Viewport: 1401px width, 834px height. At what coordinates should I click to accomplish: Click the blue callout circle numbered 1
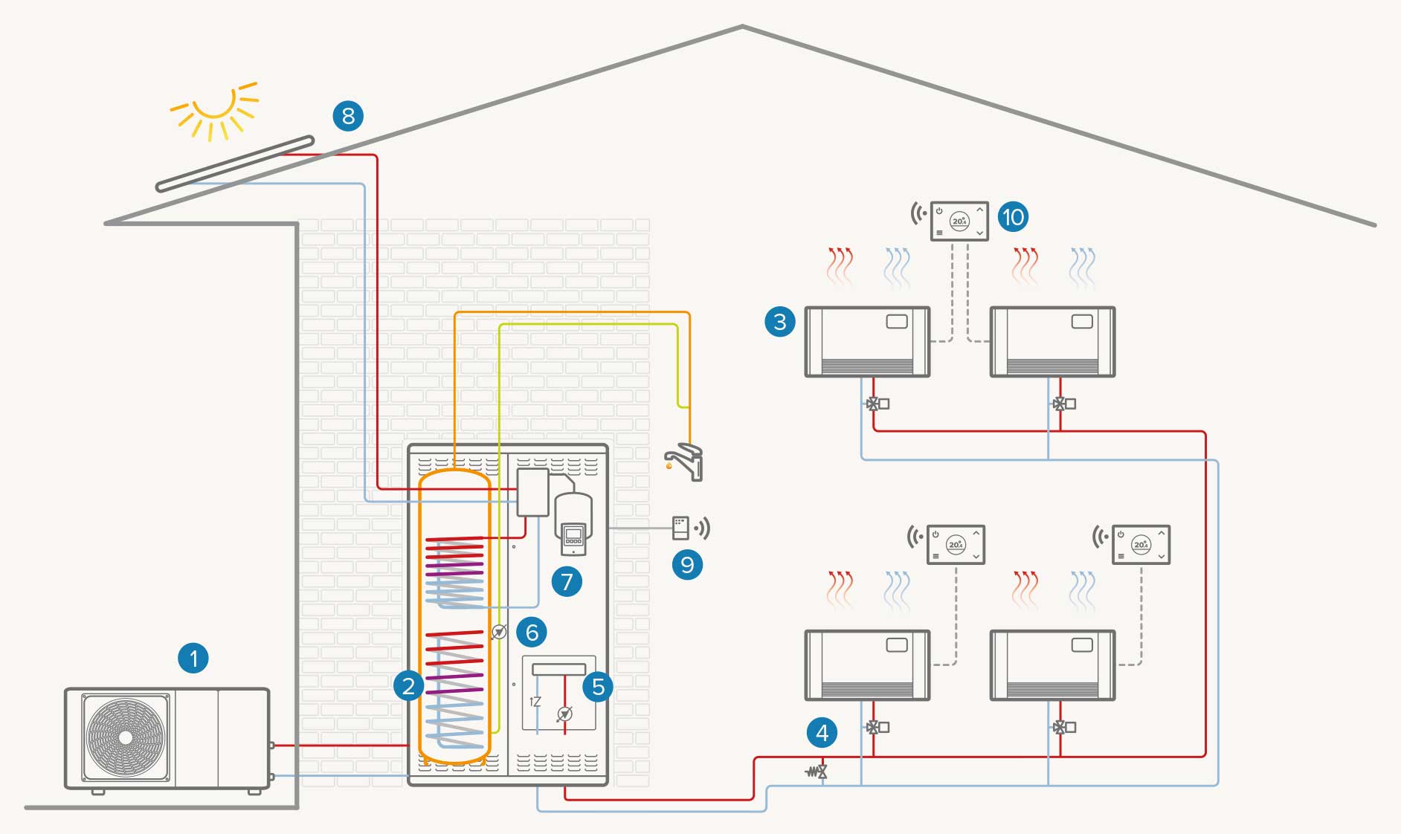[x=193, y=658]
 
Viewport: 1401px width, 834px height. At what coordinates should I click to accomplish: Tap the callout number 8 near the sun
[x=348, y=116]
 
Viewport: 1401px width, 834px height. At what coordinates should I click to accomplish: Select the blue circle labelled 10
[x=1013, y=217]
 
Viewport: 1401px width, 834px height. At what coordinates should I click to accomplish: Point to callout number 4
[x=822, y=733]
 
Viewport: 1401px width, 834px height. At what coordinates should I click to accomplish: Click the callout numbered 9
[x=687, y=565]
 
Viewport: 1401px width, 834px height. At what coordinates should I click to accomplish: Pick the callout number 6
[x=532, y=632]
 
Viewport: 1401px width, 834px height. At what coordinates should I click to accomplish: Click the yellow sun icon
[x=214, y=110]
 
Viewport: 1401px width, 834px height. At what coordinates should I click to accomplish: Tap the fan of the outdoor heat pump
[x=126, y=737]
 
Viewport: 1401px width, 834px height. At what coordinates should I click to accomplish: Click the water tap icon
[x=685, y=462]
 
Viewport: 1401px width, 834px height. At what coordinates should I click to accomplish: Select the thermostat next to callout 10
[x=959, y=221]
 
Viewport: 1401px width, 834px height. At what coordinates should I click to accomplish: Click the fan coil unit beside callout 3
[x=867, y=341]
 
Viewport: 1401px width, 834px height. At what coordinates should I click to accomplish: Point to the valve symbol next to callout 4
[x=817, y=772]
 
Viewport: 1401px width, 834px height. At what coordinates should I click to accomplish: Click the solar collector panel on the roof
[x=234, y=164]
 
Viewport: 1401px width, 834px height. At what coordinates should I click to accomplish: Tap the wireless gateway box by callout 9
[x=680, y=528]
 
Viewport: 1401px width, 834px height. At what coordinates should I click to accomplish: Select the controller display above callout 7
[x=573, y=536]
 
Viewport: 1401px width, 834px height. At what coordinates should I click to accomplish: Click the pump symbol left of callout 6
[x=499, y=632]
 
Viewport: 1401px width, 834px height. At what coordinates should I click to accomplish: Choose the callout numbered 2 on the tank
[x=408, y=685]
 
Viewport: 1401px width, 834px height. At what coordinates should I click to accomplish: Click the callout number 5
[x=599, y=687]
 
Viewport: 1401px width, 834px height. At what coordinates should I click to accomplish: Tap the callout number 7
[x=567, y=581]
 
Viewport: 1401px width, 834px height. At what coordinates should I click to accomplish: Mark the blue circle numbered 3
[x=779, y=322]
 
